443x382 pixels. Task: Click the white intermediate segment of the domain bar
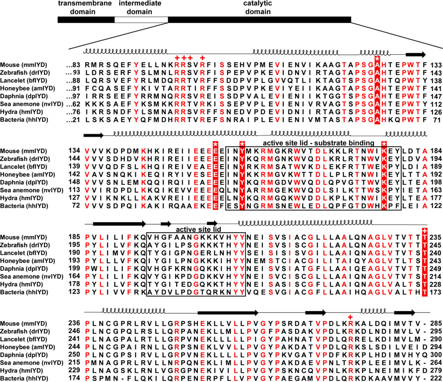pyautogui.click(x=141, y=19)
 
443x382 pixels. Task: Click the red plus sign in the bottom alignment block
pyautogui.click(x=350, y=317)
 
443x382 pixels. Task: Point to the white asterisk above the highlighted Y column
pyautogui.click(x=242, y=143)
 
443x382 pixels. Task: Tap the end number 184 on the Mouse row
pyautogui.click(x=434, y=151)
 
